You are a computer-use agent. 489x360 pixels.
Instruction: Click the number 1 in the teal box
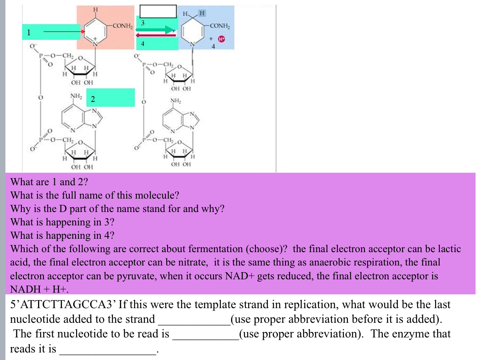(28, 32)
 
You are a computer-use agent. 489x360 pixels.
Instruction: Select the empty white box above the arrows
(158, 11)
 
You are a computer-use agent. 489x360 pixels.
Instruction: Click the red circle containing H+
(222, 39)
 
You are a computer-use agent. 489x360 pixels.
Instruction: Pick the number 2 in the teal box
(93, 100)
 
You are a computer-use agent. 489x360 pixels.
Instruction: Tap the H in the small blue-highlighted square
(202, 13)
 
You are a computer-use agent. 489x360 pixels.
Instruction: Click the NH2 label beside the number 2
(76, 96)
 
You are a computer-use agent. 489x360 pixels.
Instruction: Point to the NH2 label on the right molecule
(176, 101)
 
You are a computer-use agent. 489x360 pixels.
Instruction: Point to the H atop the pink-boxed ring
(96, 9)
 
